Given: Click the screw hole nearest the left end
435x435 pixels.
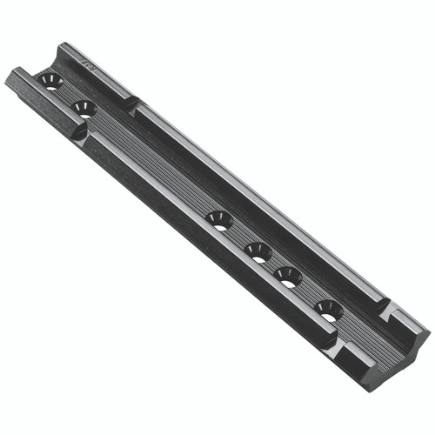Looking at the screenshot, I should coord(50,82).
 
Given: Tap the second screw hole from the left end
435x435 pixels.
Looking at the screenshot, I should coord(84,108).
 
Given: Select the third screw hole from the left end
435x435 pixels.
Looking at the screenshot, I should coord(220,221).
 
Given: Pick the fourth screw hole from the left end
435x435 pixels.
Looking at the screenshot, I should coord(258,252).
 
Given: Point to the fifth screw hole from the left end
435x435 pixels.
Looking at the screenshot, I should coord(288,277).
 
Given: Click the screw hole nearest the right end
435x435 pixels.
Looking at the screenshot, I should coord(328,310).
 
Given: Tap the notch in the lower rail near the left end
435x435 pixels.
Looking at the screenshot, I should coord(78,133).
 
